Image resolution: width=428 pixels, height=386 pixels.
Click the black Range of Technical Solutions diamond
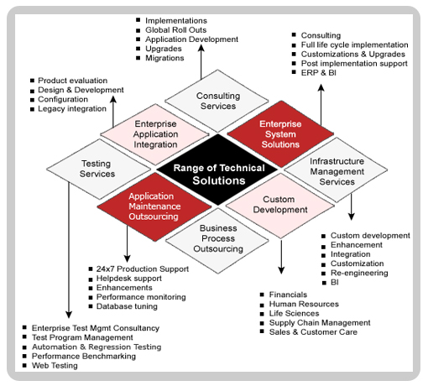click(x=217, y=170)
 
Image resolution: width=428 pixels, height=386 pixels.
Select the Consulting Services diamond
click(x=217, y=101)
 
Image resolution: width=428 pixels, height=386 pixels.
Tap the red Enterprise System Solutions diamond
click(x=280, y=134)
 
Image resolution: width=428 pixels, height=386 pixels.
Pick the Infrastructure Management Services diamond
click(x=337, y=170)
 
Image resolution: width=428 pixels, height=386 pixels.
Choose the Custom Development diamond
click(x=280, y=206)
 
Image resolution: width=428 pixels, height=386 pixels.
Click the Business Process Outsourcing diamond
click(x=217, y=240)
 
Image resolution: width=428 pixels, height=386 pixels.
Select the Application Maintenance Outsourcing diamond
click(x=154, y=206)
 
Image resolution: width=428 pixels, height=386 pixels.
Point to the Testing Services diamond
click(x=98, y=170)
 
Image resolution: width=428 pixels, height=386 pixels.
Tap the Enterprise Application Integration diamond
click(x=154, y=134)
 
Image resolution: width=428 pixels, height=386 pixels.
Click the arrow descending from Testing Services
click(x=69, y=250)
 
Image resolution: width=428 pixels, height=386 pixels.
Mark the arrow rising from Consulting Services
click(x=201, y=62)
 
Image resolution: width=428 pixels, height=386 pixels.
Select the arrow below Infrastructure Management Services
click(x=352, y=206)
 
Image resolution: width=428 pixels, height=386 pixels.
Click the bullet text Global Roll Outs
click(x=175, y=30)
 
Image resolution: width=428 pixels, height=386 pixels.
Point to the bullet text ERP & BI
click(x=318, y=73)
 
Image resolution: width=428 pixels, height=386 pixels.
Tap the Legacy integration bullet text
click(x=72, y=109)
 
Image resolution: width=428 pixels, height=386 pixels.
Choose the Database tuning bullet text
click(x=127, y=306)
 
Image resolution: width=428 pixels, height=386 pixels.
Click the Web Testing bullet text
click(x=55, y=366)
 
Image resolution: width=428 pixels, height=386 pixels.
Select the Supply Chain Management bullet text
click(x=320, y=323)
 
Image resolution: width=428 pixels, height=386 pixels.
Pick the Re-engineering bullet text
click(x=359, y=273)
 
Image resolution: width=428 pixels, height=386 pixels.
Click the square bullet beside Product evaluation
click(x=32, y=81)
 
